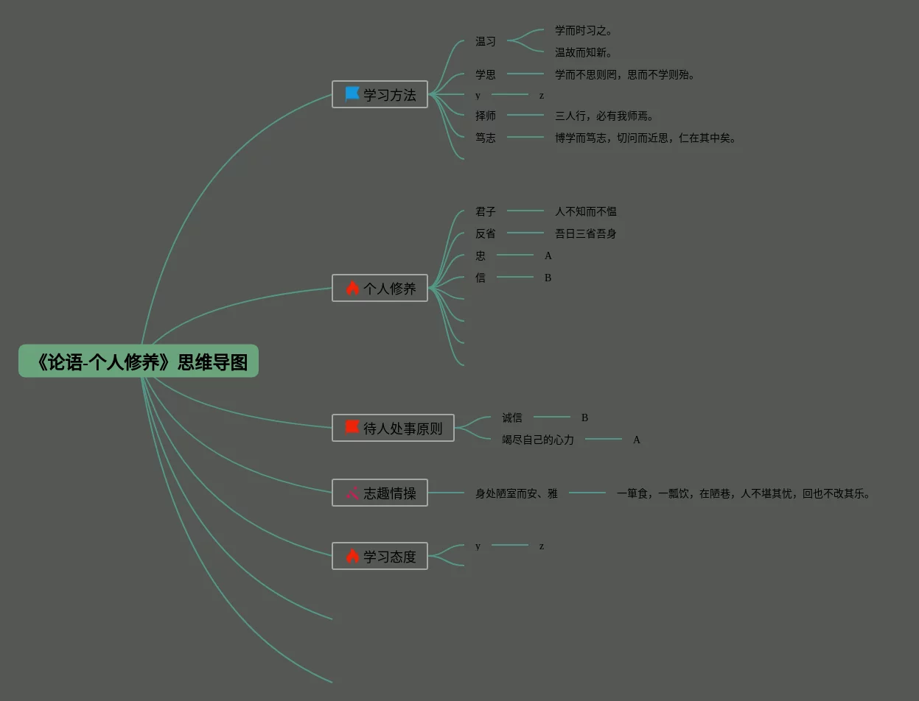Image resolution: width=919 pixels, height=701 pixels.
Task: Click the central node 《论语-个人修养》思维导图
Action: click(139, 362)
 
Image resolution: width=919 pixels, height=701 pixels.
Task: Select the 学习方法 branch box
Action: click(380, 95)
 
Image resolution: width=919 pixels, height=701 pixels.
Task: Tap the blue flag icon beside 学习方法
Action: click(352, 94)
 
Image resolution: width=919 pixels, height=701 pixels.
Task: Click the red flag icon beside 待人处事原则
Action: click(352, 427)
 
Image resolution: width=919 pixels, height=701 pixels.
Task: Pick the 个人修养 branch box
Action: click(380, 288)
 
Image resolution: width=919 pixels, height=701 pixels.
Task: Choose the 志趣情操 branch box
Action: click(380, 493)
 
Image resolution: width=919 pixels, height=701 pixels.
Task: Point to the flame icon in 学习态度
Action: click(352, 556)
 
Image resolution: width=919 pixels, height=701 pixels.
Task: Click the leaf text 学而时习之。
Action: click(584, 31)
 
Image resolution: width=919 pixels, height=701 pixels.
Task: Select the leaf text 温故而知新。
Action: click(584, 53)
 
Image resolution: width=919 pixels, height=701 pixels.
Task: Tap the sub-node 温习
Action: click(486, 42)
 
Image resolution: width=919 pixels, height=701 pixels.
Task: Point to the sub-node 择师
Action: click(486, 116)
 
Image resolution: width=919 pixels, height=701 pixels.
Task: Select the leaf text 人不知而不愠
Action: click(586, 211)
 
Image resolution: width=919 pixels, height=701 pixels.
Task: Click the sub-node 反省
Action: click(486, 233)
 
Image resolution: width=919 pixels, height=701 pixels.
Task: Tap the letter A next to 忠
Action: click(548, 256)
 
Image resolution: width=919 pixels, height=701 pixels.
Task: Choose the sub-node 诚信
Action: click(512, 418)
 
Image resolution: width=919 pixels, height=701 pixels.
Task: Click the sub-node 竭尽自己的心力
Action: click(538, 440)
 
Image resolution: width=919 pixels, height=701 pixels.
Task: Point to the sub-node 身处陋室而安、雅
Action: click(517, 493)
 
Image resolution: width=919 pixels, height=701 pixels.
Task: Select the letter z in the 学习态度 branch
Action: click(542, 546)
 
